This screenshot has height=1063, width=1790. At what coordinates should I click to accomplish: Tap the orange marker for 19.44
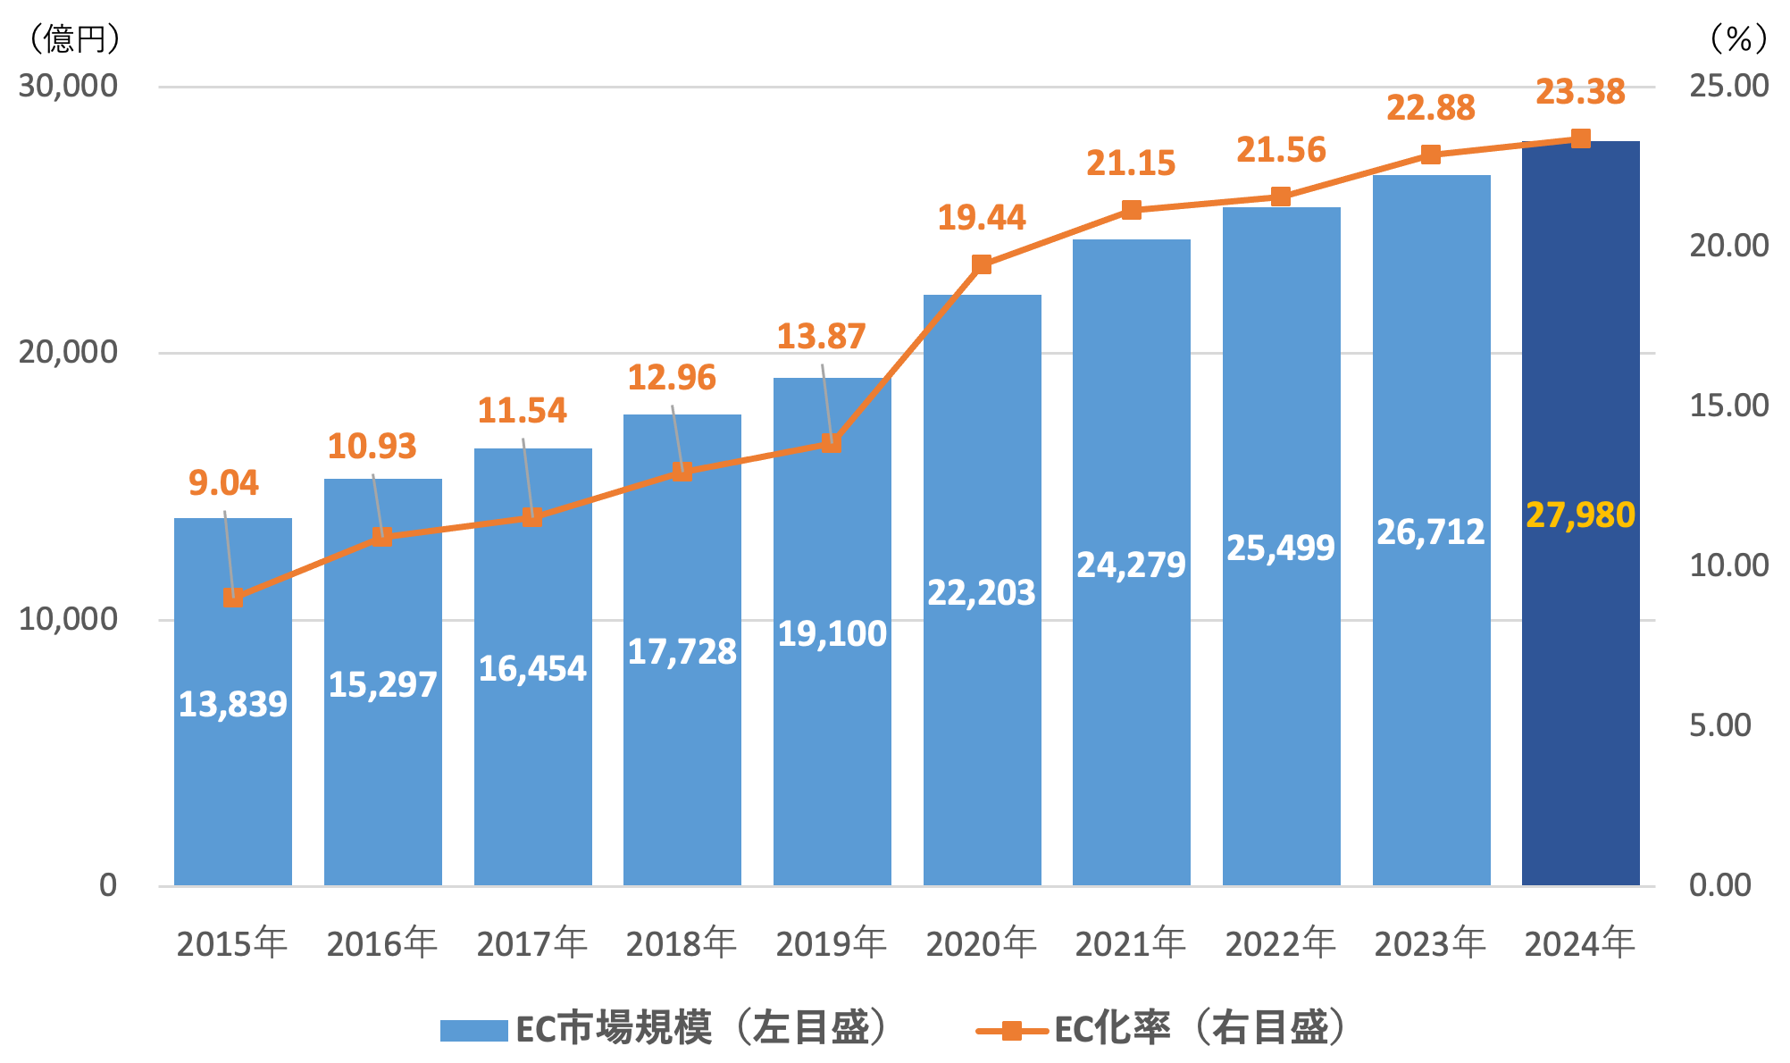982,264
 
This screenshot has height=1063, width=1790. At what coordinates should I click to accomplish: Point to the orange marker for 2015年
232,598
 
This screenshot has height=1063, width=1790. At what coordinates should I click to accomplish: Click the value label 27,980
1580,515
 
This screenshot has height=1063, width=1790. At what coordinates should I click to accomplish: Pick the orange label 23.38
1580,92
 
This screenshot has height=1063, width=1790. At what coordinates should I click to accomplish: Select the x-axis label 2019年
831,943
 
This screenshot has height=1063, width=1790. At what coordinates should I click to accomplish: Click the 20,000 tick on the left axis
68,352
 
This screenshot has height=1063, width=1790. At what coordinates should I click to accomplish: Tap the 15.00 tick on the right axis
1728,406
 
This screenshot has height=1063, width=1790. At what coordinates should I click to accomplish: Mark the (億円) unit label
73,38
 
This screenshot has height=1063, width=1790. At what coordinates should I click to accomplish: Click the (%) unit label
1737,38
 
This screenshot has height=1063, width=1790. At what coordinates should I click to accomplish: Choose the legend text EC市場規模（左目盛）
703,1028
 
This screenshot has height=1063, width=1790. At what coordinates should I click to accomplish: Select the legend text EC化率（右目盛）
1201,1028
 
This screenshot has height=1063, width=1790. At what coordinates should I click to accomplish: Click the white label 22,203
981,593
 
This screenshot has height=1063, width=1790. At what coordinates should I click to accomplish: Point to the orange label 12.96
672,378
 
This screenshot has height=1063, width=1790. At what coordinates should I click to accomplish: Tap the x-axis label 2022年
1280,943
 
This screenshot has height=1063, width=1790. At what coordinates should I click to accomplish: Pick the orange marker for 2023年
1431,155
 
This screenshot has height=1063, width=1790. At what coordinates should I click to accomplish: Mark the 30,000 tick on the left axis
68,86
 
